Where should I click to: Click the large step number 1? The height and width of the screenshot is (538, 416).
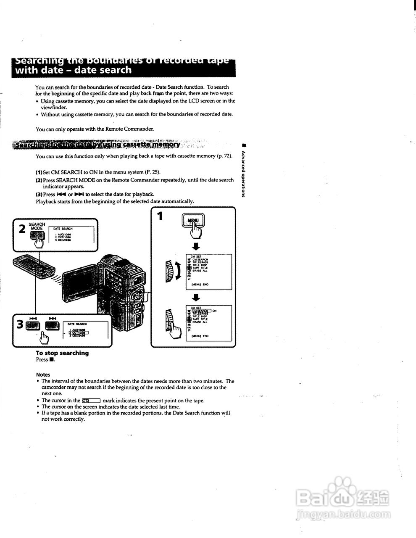160,216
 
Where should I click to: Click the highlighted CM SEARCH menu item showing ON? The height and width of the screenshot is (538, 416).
201,311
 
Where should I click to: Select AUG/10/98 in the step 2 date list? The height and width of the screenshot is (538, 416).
63,234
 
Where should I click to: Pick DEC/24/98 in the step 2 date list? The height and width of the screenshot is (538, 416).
63,240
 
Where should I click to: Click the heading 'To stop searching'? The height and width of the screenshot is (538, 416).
62,353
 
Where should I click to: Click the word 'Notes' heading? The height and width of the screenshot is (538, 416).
43,374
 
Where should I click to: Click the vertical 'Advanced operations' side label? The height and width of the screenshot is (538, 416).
243,173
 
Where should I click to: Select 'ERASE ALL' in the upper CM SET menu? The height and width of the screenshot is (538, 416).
200,271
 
